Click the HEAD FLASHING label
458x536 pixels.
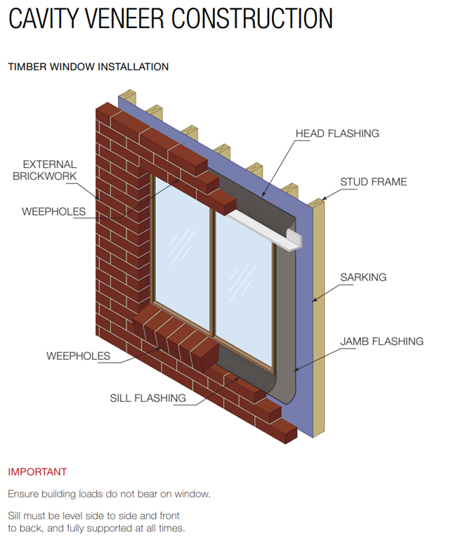[x=337, y=133]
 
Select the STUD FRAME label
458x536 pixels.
[x=374, y=182]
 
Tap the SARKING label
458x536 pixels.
[x=363, y=277]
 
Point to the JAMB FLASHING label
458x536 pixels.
[x=381, y=341]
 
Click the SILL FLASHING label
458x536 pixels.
[x=148, y=398]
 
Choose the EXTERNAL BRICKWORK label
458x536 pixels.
[x=45, y=170]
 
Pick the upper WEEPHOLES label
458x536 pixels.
[x=53, y=211]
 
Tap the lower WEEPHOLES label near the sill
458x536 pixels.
[x=78, y=356]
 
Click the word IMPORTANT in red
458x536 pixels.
[x=37, y=472]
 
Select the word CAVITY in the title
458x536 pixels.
[x=44, y=18]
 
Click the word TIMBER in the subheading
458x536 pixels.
[x=27, y=67]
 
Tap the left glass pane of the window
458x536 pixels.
[x=182, y=253]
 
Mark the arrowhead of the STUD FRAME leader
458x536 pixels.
[x=323, y=199]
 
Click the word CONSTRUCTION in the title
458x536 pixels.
[x=252, y=18]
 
